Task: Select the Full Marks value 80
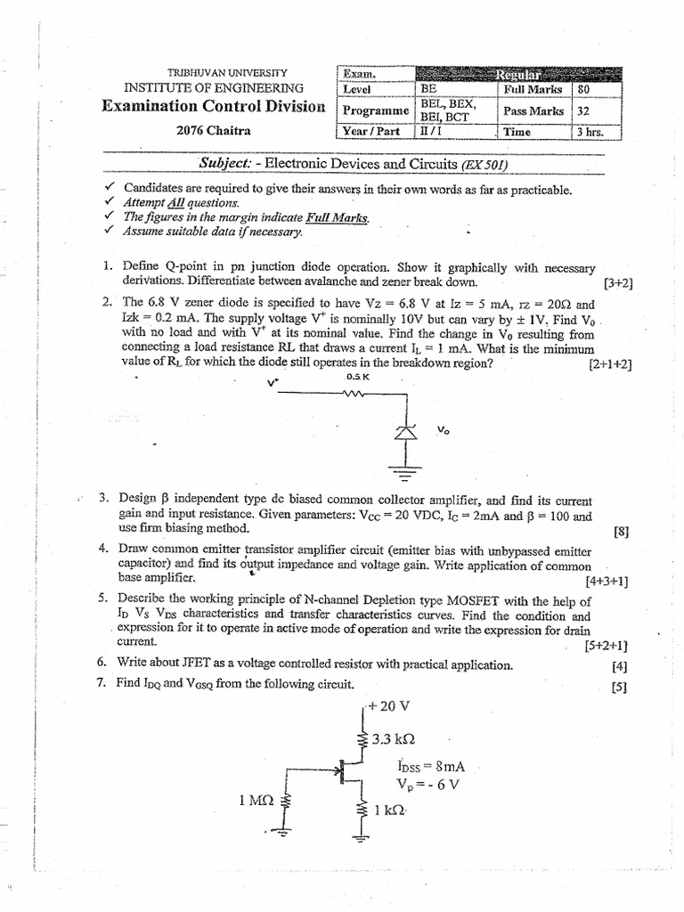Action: click(583, 89)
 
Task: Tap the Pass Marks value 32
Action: click(583, 110)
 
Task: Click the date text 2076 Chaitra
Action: click(214, 130)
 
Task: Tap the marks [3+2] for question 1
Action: click(617, 284)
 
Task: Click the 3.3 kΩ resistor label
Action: click(393, 739)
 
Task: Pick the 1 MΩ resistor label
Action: click(256, 801)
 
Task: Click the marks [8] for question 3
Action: click(621, 532)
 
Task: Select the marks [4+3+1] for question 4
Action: click(607, 581)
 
